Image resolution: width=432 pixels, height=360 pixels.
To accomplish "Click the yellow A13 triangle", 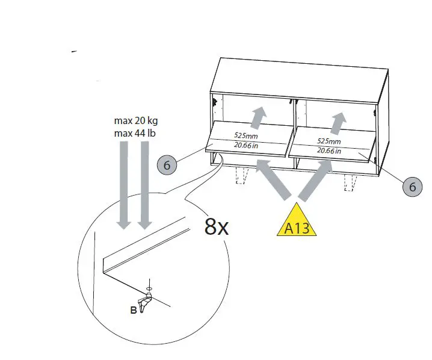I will click(x=296, y=223).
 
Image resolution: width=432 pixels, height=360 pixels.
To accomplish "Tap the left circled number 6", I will click(x=167, y=164).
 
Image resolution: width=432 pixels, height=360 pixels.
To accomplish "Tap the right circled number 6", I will click(x=412, y=187).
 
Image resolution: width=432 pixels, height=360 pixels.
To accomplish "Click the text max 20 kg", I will click(x=134, y=121).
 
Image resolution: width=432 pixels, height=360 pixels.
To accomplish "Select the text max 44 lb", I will click(x=134, y=132).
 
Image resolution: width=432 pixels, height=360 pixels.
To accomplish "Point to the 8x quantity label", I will click(x=216, y=226).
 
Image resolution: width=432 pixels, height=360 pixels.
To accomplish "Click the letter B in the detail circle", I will click(x=133, y=310).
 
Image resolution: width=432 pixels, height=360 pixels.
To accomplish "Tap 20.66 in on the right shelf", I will click(x=328, y=150).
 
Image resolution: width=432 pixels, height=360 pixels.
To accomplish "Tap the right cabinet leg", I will click(x=349, y=182).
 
